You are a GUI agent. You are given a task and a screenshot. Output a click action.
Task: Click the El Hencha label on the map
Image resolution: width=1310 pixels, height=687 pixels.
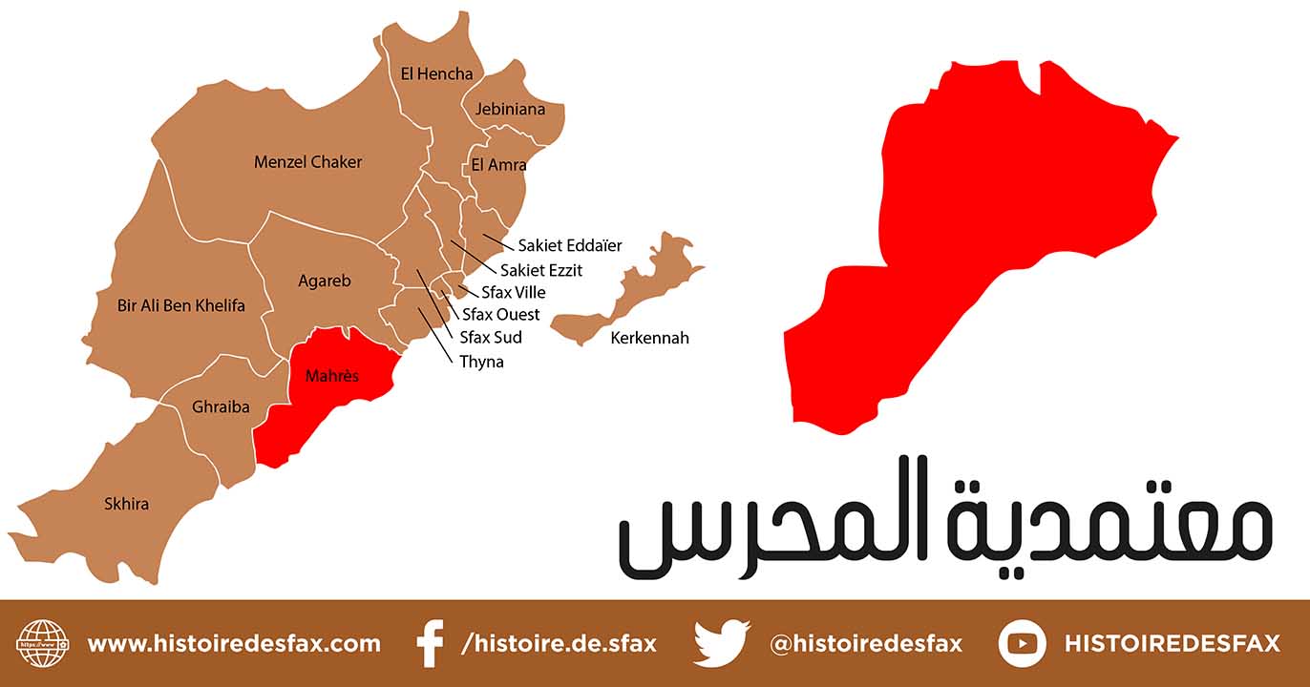[436, 74]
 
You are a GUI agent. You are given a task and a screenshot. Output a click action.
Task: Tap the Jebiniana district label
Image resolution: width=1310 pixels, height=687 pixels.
[511, 109]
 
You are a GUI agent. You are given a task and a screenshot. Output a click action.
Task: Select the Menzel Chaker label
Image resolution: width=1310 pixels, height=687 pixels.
[307, 162]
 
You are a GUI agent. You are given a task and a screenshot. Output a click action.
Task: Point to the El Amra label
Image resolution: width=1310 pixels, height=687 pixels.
[498, 165]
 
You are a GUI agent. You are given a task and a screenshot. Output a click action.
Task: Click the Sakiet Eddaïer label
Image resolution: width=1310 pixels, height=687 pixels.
[570, 245]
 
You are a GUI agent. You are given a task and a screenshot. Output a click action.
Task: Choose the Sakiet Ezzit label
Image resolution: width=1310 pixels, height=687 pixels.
[541, 270]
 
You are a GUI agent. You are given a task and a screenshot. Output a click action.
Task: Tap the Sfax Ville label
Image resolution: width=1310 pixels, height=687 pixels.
[514, 292]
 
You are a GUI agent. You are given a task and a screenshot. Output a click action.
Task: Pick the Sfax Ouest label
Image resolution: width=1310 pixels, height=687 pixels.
[500, 314]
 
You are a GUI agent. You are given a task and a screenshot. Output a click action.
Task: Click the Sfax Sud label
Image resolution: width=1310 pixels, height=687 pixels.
[491, 337]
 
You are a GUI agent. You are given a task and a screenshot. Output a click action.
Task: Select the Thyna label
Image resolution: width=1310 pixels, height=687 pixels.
[481, 362]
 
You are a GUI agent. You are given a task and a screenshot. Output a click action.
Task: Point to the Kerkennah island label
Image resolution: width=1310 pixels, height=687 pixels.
[649, 338]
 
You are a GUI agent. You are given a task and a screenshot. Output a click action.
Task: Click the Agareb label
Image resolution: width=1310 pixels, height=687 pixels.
[325, 281]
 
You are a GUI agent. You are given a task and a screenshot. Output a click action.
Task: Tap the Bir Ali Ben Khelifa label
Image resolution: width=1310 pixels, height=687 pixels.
[180, 305]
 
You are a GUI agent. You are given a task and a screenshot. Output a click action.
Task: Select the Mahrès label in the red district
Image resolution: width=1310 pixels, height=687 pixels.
[332, 376]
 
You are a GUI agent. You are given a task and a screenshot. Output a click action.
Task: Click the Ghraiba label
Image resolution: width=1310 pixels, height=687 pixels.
[221, 407]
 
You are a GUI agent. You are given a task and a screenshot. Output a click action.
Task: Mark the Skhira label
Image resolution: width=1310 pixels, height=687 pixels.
[126, 503]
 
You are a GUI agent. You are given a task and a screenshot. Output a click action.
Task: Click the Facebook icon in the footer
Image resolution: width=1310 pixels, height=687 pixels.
[431, 643]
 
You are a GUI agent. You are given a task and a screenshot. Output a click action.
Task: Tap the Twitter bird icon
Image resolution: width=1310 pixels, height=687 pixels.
[722, 643]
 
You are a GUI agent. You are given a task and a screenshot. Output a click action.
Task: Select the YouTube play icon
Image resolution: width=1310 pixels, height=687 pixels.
[1022, 643]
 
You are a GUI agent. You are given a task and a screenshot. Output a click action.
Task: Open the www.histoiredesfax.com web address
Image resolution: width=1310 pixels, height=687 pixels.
[234, 644]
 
